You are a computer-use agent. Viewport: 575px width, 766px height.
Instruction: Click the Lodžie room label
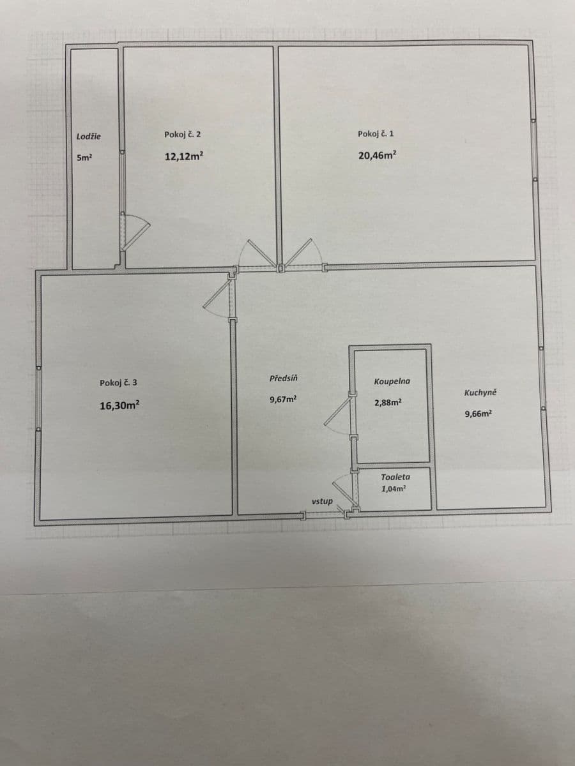point(88,136)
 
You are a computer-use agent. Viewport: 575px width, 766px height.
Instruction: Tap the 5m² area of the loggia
point(84,158)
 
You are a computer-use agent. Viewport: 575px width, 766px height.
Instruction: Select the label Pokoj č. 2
point(183,134)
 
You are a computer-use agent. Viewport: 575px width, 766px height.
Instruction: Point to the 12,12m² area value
point(184,156)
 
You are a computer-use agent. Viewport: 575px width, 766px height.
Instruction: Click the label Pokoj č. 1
point(376,133)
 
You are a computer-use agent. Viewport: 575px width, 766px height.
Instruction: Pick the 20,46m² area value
point(377,155)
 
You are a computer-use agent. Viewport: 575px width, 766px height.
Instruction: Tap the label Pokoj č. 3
point(118,383)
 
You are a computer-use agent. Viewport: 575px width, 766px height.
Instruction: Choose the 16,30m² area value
point(119,405)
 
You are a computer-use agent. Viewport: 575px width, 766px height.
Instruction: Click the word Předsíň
point(283,379)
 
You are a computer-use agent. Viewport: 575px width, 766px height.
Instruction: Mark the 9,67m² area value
point(283,400)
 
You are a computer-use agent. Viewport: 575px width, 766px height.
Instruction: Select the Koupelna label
point(392,382)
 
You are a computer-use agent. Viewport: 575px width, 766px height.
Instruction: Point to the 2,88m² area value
point(388,403)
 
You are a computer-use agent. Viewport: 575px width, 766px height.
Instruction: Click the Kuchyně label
point(480,393)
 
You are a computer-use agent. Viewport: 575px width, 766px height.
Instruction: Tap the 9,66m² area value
point(479,414)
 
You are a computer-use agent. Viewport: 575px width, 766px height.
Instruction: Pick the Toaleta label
point(395,477)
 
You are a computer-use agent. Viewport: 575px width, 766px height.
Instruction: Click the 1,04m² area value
point(394,488)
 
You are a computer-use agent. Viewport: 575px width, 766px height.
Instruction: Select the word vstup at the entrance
point(322,501)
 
